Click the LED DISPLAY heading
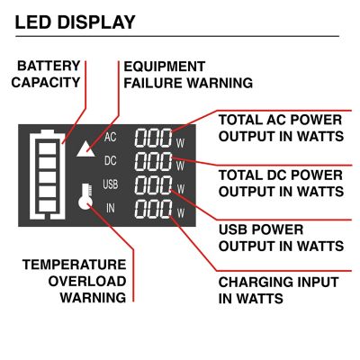pos(76,21)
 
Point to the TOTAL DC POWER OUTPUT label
pos(280,183)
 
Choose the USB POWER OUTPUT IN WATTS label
pos(280,237)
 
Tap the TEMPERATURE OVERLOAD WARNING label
pos(73,281)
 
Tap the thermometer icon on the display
pos(85,198)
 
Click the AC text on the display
pos(111,138)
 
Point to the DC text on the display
pos(111,161)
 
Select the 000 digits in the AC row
pos(153,138)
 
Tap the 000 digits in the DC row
pos(153,162)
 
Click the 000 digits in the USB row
pos(153,187)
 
